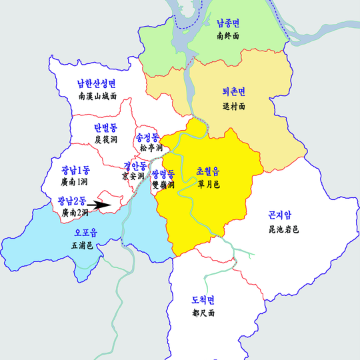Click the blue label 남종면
(233, 22)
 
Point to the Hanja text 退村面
(233, 106)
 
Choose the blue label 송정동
(147, 136)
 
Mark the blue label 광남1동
(75, 170)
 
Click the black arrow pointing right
(100, 206)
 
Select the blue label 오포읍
(84, 233)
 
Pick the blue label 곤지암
(279, 215)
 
